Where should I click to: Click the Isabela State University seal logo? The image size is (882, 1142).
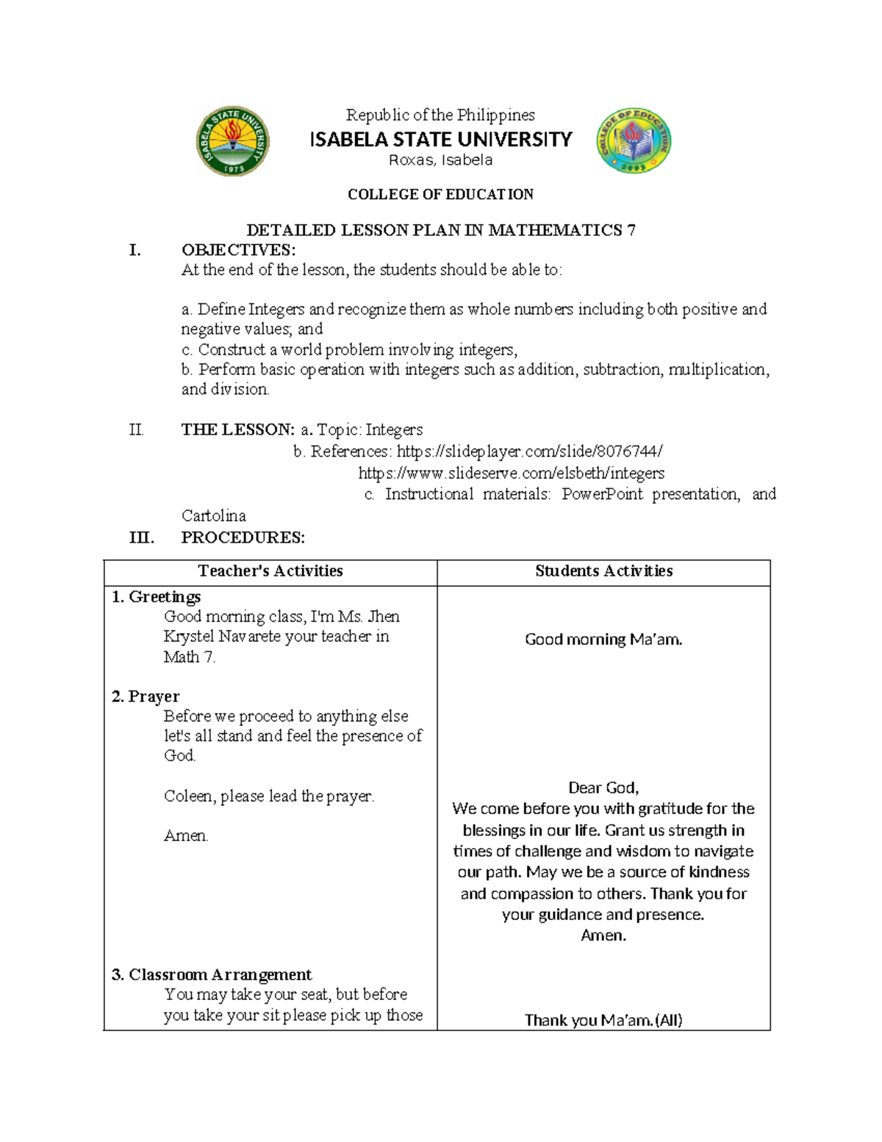(x=232, y=141)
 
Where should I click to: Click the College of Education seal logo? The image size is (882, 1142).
(x=633, y=141)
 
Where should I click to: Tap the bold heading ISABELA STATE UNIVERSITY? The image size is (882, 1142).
(x=440, y=139)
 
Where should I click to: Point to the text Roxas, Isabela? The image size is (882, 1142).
(x=440, y=160)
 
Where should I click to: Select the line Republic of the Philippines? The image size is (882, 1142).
(x=440, y=115)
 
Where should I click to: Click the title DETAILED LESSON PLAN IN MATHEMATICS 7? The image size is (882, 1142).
(x=440, y=230)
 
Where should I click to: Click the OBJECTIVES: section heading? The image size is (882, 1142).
(x=238, y=250)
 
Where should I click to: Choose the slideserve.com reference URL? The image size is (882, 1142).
(x=511, y=473)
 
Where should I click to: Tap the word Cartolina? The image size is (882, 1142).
(x=213, y=515)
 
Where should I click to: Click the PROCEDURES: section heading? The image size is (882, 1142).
(x=243, y=538)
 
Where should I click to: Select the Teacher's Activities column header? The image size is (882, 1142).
(x=270, y=571)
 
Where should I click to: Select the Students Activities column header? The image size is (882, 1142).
(x=603, y=571)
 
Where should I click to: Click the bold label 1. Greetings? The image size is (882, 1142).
(x=156, y=596)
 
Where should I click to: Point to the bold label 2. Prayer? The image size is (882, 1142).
(x=146, y=696)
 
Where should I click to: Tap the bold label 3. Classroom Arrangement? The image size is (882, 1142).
(x=212, y=974)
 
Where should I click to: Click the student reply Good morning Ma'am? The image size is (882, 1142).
(x=603, y=639)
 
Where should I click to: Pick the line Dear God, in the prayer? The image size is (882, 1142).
(x=603, y=788)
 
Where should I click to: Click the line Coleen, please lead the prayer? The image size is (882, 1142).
(x=268, y=796)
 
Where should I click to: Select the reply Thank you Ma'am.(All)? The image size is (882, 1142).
(x=603, y=1020)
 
